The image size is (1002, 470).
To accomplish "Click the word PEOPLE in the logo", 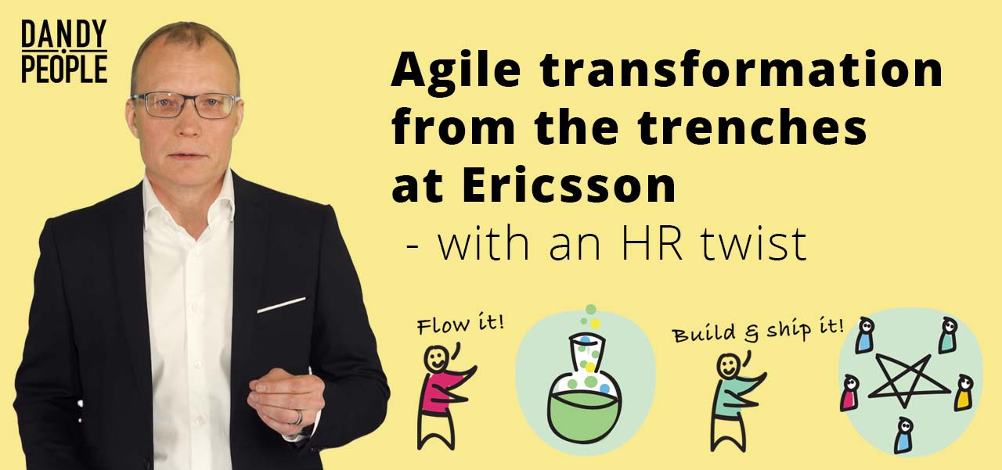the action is [x=64, y=68].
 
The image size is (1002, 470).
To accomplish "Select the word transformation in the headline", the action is [x=741, y=70].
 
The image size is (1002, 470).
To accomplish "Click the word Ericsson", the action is [x=568, y=185].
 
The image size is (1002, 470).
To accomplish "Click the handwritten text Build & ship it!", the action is [x=757, y=331].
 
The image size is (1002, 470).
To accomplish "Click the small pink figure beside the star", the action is [x=849, y=393].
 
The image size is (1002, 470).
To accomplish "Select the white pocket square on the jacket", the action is [x=281, y=305].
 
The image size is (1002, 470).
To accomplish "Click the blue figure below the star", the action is [x=903, y=435].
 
